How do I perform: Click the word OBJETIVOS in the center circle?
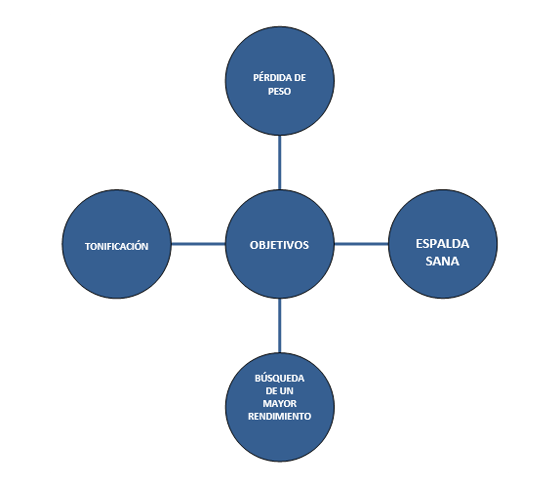point(279,245)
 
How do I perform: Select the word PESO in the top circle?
point(279,92)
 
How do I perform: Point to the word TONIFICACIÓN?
point(116,246)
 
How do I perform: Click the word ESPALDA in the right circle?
point(443,244)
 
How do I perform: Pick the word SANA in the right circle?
point(443,262)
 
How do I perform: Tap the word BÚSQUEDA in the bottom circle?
point(280,378)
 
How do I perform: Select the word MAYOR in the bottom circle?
point(280,403)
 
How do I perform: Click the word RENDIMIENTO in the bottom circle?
point(280,417)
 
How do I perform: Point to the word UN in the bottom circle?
point(287,391)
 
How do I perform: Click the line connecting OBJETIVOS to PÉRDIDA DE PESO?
point(280,163)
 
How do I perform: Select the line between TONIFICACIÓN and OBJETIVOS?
point(198,244)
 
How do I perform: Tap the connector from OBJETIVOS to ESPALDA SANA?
point(361,244)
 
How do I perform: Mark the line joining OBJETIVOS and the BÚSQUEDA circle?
point(280,326)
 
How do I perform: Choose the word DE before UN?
point(272,391)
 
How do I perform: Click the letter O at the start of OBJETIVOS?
point(254,245)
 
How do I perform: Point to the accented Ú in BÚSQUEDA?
point(264,378)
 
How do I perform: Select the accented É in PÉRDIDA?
point(261,77)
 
